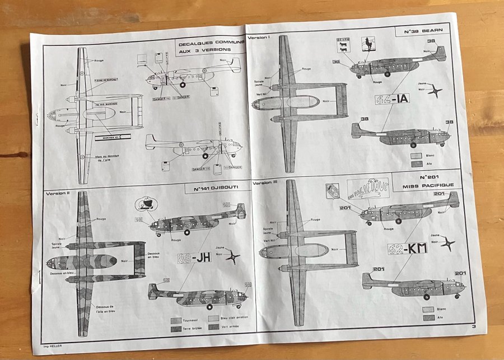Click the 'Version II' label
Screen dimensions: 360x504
point(57,193)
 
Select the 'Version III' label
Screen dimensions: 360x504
point(266,184)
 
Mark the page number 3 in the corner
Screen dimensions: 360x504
point(473,326)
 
